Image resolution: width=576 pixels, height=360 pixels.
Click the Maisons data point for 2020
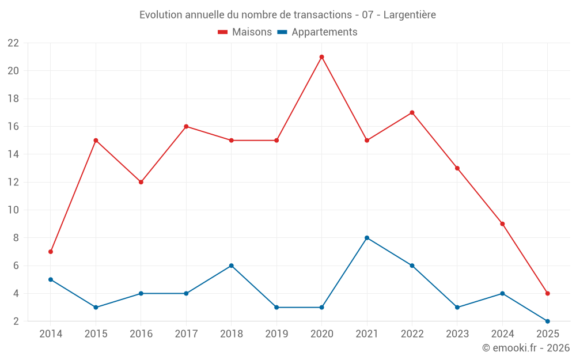[x=321, y=57]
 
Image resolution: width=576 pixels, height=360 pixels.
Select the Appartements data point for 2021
[x=367, y=238]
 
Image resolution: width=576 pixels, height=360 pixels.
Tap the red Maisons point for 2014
[x=51, y=252]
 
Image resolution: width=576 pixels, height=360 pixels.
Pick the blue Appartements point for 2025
[x=548, y=321]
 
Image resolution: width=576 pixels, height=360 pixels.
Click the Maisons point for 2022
[x=412, y=113]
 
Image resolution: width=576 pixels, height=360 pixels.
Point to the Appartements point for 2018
[x=231, y=266]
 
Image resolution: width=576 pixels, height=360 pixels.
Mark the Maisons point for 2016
[x=141, y=182]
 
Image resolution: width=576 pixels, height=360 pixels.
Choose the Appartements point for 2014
[x=51, y=279]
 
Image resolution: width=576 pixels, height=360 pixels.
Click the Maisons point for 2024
[x=502, y=224]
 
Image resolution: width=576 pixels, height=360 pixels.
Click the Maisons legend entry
[x=245, y=32]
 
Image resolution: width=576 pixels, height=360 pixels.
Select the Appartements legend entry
[x=317, y=32]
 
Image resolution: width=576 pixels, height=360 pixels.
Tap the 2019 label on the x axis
[x=276, y=334]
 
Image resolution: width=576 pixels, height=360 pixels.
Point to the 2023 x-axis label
[x=457, y=334]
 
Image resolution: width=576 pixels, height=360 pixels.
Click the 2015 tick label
[x=96, y=334]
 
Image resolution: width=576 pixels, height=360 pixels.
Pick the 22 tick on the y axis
[x=13, y=43]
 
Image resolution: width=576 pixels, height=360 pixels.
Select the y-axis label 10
[x=13, y=210]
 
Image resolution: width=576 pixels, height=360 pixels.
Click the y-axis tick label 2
[x=16, y=321]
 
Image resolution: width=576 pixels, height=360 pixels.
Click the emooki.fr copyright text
[x=526, y=348]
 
